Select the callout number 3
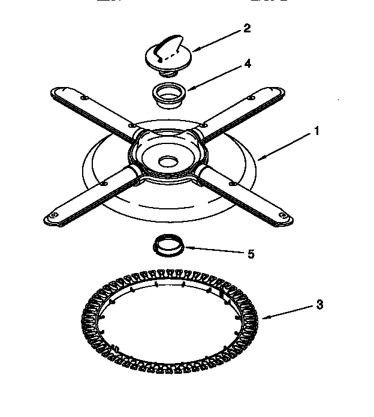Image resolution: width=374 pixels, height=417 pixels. pyautogui.click(x=320, y=305)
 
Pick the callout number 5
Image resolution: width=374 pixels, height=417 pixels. pyautogui.click(x=251, y=254)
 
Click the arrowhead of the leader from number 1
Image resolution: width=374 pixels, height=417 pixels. pyautogui.click(x=260, y=159)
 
